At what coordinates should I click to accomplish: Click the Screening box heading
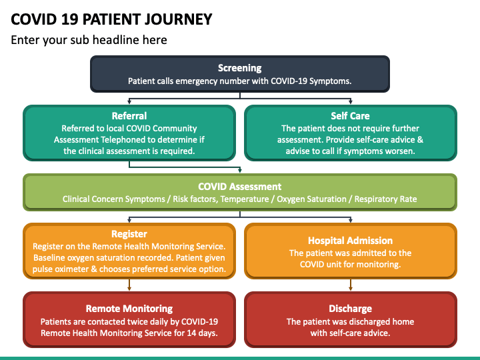240,68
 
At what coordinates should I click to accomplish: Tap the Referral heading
129,116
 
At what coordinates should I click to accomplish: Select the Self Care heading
350,116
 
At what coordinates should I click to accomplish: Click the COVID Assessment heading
240,187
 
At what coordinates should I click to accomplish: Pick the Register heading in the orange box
129,234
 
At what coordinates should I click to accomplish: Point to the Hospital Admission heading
350,241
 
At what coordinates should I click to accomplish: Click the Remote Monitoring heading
129,309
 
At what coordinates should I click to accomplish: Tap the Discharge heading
350,309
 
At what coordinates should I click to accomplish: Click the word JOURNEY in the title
178,19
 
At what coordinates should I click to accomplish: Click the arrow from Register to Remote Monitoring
129,285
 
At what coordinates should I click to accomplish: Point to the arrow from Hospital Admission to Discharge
351,285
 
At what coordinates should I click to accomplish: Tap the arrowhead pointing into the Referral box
129,102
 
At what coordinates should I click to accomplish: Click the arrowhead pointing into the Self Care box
351,102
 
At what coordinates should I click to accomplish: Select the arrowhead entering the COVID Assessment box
240,171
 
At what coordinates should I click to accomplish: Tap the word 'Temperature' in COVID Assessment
245,199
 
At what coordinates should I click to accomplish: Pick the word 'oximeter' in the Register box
71,269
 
